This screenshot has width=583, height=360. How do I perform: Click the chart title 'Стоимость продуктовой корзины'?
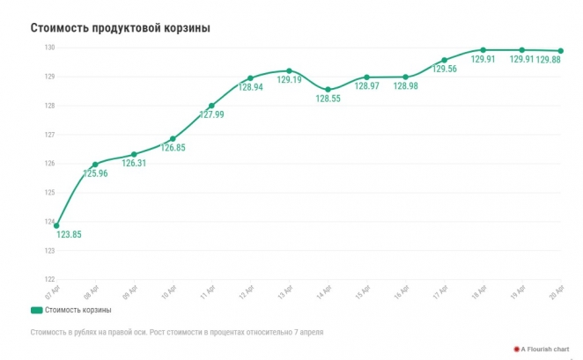pyautogui.click(x=121, y=28)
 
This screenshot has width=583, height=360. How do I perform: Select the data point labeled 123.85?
pyautogui.click(x=56, y=226)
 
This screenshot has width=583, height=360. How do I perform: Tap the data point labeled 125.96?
pyautogui.click(x=95, y=165)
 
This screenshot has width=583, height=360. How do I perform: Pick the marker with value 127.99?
pyautogui.click(x=211, y=106)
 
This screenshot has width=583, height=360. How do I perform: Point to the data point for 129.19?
pyautogui.click(x=289, y=70)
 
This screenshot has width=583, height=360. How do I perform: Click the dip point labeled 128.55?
pyautogui.click(x=328, y=90)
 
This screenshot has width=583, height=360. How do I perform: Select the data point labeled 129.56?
pyautogui.click(x=444, y=60)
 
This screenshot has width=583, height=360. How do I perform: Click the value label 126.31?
pyautogui.click(x=134, y=163)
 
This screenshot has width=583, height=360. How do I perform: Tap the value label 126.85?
pyautogui.click(x=173, y=148)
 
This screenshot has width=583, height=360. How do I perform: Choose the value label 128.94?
pyautogui.click(x=250, y=89)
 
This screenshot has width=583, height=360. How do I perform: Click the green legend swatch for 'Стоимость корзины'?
pyautogui.click(x=36, y=310)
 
